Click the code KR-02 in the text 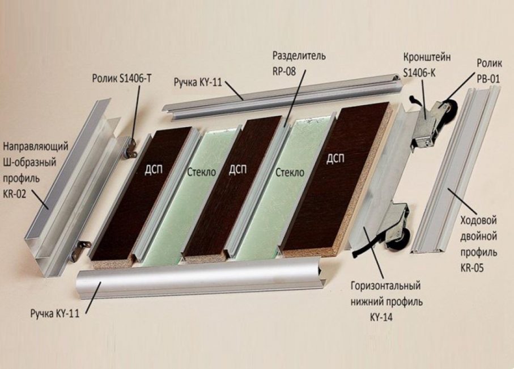tap(18, 194)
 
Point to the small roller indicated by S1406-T tap(131, 149)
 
